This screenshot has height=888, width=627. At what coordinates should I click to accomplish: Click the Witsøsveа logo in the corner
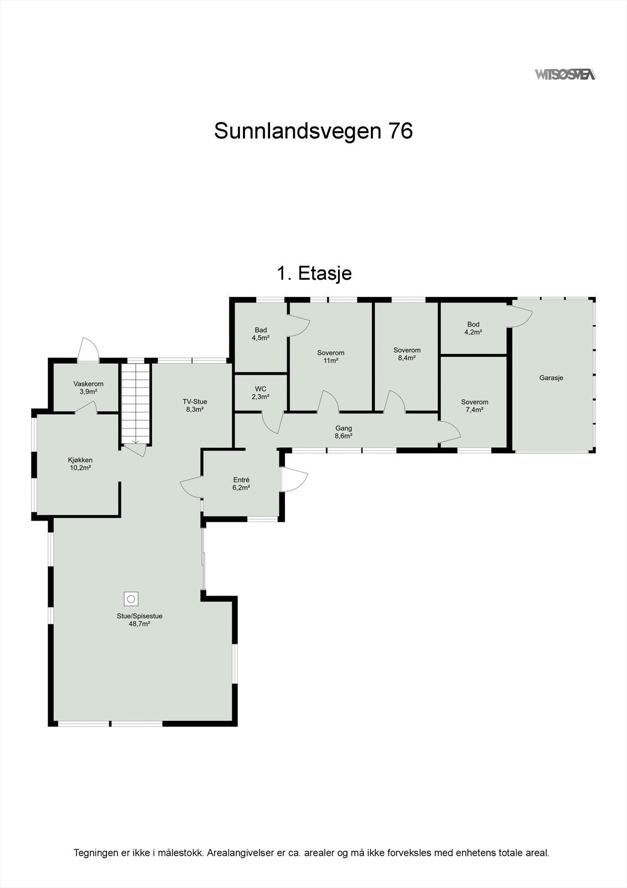(565, 74)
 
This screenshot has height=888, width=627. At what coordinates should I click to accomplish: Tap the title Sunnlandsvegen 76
(313, 132)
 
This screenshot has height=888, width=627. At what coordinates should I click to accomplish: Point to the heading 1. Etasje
(314, 273)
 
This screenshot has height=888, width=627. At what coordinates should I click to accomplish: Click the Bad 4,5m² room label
(261, 334)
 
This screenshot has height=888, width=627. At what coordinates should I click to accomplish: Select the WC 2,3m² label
(261, 393)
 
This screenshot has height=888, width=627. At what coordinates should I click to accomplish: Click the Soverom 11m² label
(330, 356)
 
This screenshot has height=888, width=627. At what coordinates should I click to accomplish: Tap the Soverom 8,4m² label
(407, 354)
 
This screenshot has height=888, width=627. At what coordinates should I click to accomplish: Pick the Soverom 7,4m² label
(475, 406)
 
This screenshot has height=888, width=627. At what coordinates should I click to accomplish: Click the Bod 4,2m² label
(473, 328)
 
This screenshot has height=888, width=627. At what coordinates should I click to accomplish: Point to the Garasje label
(551, 378)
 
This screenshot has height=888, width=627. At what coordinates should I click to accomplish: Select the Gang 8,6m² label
(343, 432)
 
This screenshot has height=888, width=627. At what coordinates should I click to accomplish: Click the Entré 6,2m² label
(241, 484)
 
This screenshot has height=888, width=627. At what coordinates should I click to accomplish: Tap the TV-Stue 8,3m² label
(195, 405)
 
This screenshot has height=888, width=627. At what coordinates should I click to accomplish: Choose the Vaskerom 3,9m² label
(88, 387)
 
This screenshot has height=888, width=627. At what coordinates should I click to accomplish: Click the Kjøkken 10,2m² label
(80, 463)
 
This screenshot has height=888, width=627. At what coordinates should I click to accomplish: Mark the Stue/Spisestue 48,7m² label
(139, 619)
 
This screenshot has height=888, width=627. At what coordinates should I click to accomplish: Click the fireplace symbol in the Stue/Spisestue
(131, 599)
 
